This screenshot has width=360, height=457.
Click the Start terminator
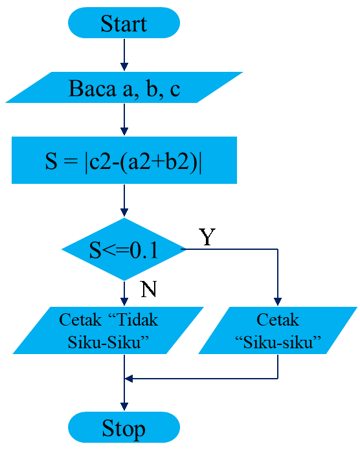click(x=124, y=24)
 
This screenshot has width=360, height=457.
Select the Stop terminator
click(x=124, y=428)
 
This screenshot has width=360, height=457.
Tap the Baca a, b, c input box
click(x=124, y=88)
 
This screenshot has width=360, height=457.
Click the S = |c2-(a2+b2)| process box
click(x=124, y=160)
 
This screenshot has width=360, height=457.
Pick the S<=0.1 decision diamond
click(x=124, y=250)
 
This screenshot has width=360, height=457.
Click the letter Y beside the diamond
click(x=206, y=238)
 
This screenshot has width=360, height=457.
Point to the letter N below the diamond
click(x=148, y=289)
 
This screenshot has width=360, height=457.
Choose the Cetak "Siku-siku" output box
click(x=277, y=331)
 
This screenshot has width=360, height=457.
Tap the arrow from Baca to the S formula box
click(x=124, y=120)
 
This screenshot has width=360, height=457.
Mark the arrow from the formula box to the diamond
click(x=124, y=202)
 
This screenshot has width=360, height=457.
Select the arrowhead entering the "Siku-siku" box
click(x=277, y=301)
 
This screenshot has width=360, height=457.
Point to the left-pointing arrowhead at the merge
click(x=128, y=379)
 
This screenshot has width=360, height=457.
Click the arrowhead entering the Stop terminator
click(x=124, y=407)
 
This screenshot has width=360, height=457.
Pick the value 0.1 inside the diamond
click(x=143, y=251)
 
